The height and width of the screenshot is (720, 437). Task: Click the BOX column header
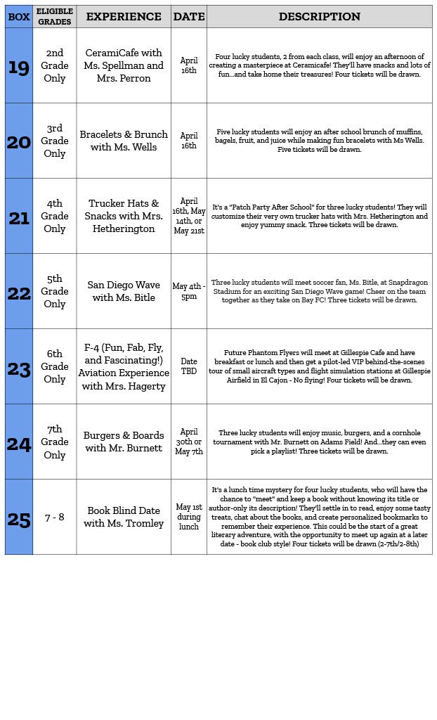point(19,17)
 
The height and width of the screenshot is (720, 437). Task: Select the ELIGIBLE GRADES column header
point(55,17)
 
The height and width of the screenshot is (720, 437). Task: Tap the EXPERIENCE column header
point(124,17)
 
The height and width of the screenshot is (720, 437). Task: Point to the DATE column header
point(189,17)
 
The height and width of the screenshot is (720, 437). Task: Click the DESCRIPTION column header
point(319,17)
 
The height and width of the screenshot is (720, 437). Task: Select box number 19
point(19,66)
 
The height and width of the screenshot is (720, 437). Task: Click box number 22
point(19,292)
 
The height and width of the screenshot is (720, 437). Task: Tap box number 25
point(19,518)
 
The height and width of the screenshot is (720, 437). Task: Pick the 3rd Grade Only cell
point(55,141)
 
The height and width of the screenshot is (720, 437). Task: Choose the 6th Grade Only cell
point(55,366)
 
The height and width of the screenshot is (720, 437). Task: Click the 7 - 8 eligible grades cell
point(55,517)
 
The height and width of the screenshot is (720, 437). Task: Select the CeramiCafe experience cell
point(124,65)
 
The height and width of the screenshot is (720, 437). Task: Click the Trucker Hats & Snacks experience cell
point(124,216)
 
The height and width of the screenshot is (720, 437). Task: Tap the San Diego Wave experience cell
point(124,291)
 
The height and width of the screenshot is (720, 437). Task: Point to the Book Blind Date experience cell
point(124,517)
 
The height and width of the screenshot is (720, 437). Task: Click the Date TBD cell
point(189,366)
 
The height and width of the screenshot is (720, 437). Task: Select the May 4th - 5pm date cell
point(189,291)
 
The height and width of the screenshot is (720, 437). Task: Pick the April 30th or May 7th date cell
point(189,442)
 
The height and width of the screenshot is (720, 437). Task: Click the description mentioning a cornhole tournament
point(319,442)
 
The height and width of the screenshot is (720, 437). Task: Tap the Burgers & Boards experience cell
point(124,442)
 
